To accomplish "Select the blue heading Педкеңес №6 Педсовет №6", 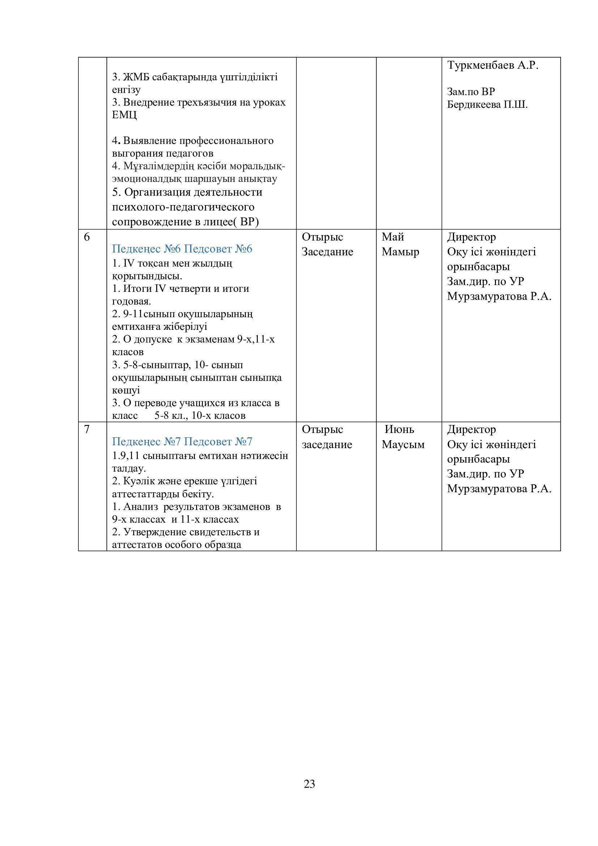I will tap(182, 249).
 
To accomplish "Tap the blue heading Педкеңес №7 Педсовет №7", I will tap(182, 441).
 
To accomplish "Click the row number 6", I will tap(87, 237).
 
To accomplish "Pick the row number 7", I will tap(87, 429).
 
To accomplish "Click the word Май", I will tap(393, 237).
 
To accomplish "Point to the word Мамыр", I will tap(400, 252).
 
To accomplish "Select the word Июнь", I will tap(400, 429).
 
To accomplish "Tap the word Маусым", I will tap(403, 445).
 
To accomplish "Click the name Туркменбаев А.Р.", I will tap(493, 65).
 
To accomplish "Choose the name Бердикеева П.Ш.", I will tap(487, 105).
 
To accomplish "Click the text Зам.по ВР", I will tap(471, 92).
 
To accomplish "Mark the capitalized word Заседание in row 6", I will tap(327, 252).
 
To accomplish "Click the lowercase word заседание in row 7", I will tap(327, 445).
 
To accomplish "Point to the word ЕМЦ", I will tap(124, 115).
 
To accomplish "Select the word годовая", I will tap(131, 301).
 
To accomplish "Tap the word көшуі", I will tap(126, 390).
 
